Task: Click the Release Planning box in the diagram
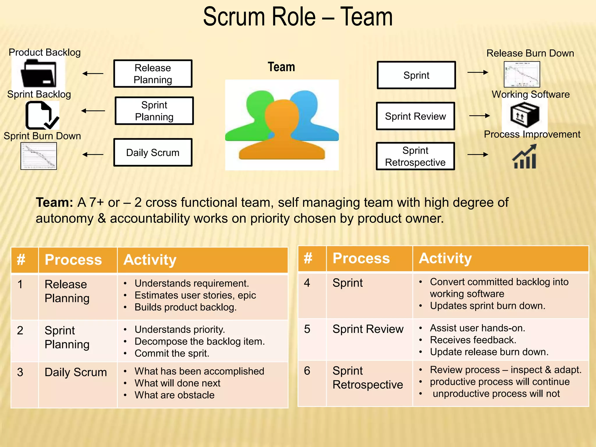[x=153, y=74]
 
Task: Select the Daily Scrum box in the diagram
[x=153, y=152]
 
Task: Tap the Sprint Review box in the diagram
[x=415, y=116]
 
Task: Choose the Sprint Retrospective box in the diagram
[x=415, y=156]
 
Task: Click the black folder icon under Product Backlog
[x=38, y=73]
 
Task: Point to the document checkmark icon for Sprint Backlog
[x=42, y=116]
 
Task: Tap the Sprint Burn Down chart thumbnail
[x=39, y=156]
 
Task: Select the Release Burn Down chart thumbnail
[x=522, y=74]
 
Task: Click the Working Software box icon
[x=525, y=115]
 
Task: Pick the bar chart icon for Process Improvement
[x=525, y=157]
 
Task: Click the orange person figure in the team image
[x=282, y=137]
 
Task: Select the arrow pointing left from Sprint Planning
[x=93, y=111]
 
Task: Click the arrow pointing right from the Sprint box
[x=478, y=72]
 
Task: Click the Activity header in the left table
[x=150, y=260]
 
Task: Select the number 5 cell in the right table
[x=307, y=329]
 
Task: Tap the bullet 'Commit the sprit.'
[x=172, y=353]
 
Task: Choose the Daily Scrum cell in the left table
[x=76, y=372]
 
